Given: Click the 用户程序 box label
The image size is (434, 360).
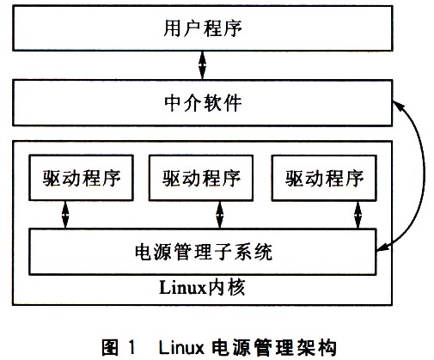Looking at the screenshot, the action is pyautogui.click(x=203, y=28).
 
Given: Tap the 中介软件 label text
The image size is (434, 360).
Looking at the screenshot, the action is pyautogui.click(x=203, y=103).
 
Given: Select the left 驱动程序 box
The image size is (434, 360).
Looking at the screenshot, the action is pyautogui.click(x=82, y=178).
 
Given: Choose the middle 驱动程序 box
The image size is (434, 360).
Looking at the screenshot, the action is pyautogui.click(x=201, y=178).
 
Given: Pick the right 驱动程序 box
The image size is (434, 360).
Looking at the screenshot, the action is pyautogui.click(x=324, y=178).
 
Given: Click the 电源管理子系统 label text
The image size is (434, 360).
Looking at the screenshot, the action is pyautogui.click(x=204, y=252).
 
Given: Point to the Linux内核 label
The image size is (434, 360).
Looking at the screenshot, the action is pyautogui.click(x=202, y=287).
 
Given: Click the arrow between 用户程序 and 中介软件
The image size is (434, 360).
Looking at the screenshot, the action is pyautogui.click(x=203, y=65).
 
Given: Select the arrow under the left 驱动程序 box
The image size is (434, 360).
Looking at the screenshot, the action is pyautogui.click(x=65, y=215).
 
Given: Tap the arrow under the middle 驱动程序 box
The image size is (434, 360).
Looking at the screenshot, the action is pyautogui.click(x=220, y=215).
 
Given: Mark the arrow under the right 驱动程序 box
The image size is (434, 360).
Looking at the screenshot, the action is pyautogui.click(x=358, y=215).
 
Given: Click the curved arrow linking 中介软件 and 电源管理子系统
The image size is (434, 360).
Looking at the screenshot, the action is pyautogui.click(x=424, y=172).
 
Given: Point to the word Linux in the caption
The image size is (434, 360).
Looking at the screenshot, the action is pyautogui.click(x=181, y=347).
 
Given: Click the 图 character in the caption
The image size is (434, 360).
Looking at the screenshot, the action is pyautogui.click(x=110, y=347).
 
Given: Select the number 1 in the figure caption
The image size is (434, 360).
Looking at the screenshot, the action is pyautogui.click(x=131, y=347).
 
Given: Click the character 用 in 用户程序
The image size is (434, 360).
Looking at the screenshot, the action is pyautogui.click(x=172, y=28).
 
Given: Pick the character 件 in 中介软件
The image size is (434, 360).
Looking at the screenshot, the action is pyautogui.click(x=233, y=103).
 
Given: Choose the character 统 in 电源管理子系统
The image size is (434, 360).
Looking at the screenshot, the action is pyautogui.click(x=263, y=252).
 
